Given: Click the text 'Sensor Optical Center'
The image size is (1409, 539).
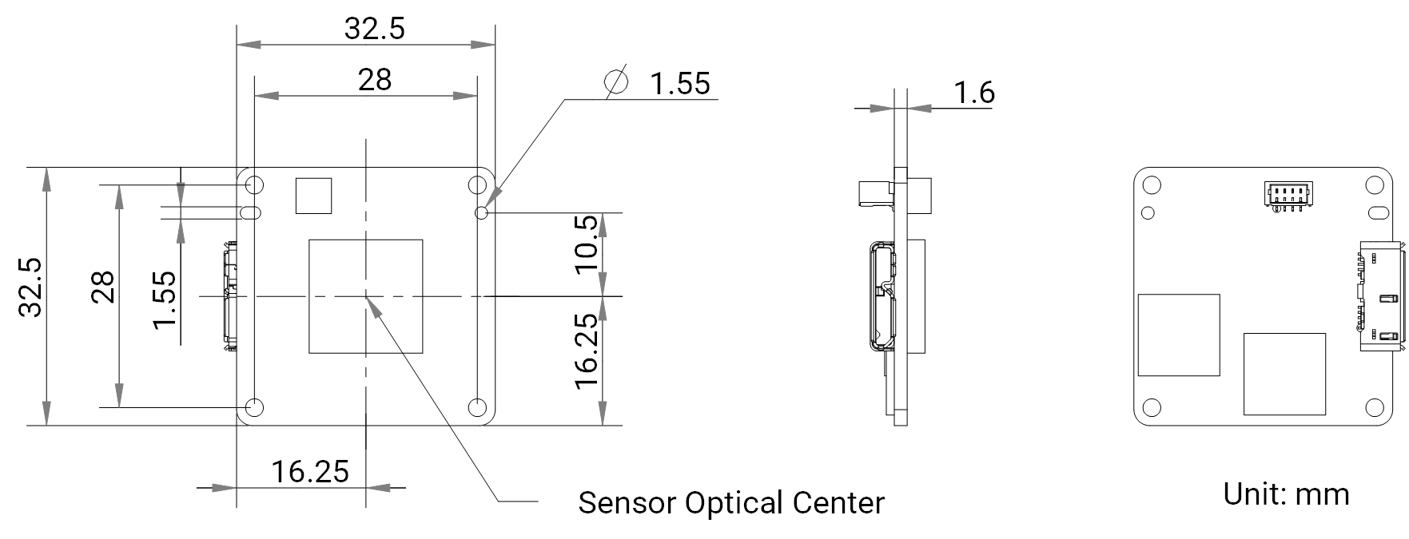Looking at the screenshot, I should coord(730,503).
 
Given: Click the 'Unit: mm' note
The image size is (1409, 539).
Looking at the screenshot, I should coord(1286,493).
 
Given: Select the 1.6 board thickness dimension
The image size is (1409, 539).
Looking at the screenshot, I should coord(974,93).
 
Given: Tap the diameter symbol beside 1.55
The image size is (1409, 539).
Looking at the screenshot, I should coord(616,81).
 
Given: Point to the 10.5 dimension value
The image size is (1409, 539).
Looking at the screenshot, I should coord(587,243).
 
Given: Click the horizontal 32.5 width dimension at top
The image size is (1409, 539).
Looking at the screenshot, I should coord(374,29).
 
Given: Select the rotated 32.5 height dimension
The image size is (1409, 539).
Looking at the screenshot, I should coord(31,287).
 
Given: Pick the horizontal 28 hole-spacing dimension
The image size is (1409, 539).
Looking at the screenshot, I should coord(374,80).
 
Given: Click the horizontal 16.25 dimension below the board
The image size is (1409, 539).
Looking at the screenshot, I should coord(310,472).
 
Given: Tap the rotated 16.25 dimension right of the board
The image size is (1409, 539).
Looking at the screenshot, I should coord(587,351).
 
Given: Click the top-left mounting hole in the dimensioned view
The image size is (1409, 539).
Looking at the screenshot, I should coord(255,185).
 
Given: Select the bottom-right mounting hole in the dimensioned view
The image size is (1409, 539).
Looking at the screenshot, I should coord(477,406).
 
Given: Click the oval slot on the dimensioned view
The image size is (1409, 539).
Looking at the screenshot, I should coord(250,212).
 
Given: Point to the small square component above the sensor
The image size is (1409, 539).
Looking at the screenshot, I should coord(313,196).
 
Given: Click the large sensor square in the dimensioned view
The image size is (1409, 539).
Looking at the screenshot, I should coord(366,296).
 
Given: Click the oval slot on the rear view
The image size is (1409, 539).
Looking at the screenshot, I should coord(1376,213).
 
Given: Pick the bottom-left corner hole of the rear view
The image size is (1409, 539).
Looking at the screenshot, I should coord(1150,408).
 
